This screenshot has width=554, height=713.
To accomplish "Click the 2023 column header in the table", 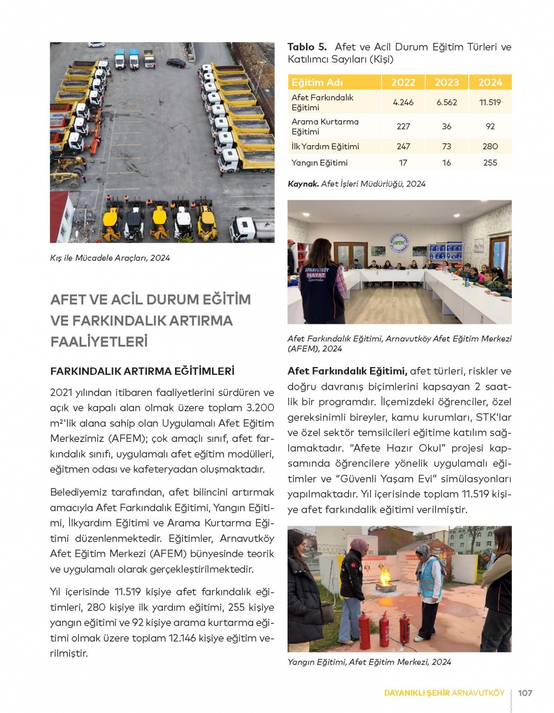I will [x=447, y=82].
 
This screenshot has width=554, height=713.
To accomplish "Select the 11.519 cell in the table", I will [x=490, y=103].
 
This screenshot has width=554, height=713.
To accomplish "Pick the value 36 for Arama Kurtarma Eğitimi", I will [x=447, y=126].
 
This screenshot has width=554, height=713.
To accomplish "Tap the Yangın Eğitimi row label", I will [x=320, y=162].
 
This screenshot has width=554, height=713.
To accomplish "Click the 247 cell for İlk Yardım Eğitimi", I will [x=403, y=146].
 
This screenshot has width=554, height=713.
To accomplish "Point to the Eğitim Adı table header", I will [x=317, y=83].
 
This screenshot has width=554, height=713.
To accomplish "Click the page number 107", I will [x=525, y=692].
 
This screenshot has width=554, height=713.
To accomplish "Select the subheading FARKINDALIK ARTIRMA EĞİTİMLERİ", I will [x=142, y=371].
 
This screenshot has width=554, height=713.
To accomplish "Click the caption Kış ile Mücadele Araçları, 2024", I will [x=110, y=258].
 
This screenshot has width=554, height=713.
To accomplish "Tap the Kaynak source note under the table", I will [x=356, y=184].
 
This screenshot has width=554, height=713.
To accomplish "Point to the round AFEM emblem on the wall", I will [x=399, y=243].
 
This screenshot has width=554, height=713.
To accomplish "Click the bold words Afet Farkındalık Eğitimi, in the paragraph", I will [x=347, y=371].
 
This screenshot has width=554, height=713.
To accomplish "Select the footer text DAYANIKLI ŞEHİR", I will [x=417, y=692].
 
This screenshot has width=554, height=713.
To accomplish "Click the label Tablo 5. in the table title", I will [x=307, y=47].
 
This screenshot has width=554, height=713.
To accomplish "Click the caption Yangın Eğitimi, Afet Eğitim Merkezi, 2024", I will [x=369, y=661].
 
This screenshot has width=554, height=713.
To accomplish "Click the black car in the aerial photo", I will [x=176, y=63].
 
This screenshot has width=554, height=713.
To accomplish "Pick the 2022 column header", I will [x=403, y=82].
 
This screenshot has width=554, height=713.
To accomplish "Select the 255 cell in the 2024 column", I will [x=490, y=162].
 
